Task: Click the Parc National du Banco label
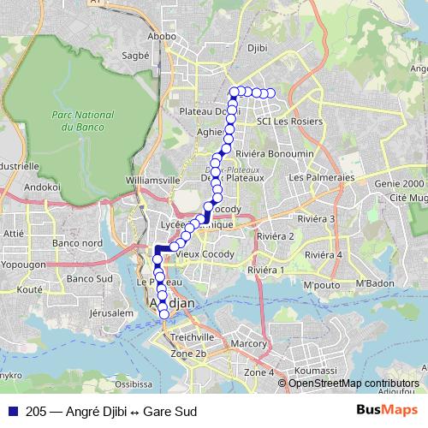(x=82, y=120)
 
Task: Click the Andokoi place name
(x=42, y=186)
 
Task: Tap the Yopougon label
(x=25, y=265)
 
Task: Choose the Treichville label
(x=191, y=337)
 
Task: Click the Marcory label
(x=249, y=344)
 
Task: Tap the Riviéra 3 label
(x=319, y=218)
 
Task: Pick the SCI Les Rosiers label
(x=287, y=122)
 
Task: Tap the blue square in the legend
(x=13, y=411)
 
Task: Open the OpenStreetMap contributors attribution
(x=354, y=383)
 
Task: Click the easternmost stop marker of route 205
(x=271, y=93)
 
